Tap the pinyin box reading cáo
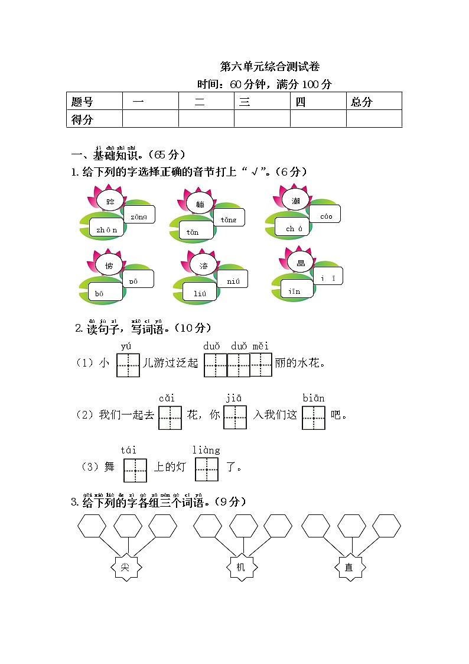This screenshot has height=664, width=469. (x=325, y=215)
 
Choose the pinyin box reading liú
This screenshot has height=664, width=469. (x=199, y=291)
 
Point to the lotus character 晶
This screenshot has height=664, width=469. (x=301, y=262)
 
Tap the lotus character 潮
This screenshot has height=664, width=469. (x=296, y=201)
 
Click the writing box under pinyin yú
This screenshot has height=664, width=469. (x=128, y=365)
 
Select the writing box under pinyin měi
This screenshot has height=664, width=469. (x=261, y=365)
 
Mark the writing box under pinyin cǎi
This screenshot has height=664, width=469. (x=170, y=417)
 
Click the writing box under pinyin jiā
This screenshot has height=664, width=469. (x=234, y=417)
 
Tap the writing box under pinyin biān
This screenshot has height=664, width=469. (x=314, y=417)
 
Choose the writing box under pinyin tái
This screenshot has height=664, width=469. (x=135, y=469)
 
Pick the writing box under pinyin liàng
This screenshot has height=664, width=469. (x=206, y=469)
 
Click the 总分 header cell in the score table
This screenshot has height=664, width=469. (x=373, y=101)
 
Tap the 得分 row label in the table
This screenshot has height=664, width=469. (x=94, y=119)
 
